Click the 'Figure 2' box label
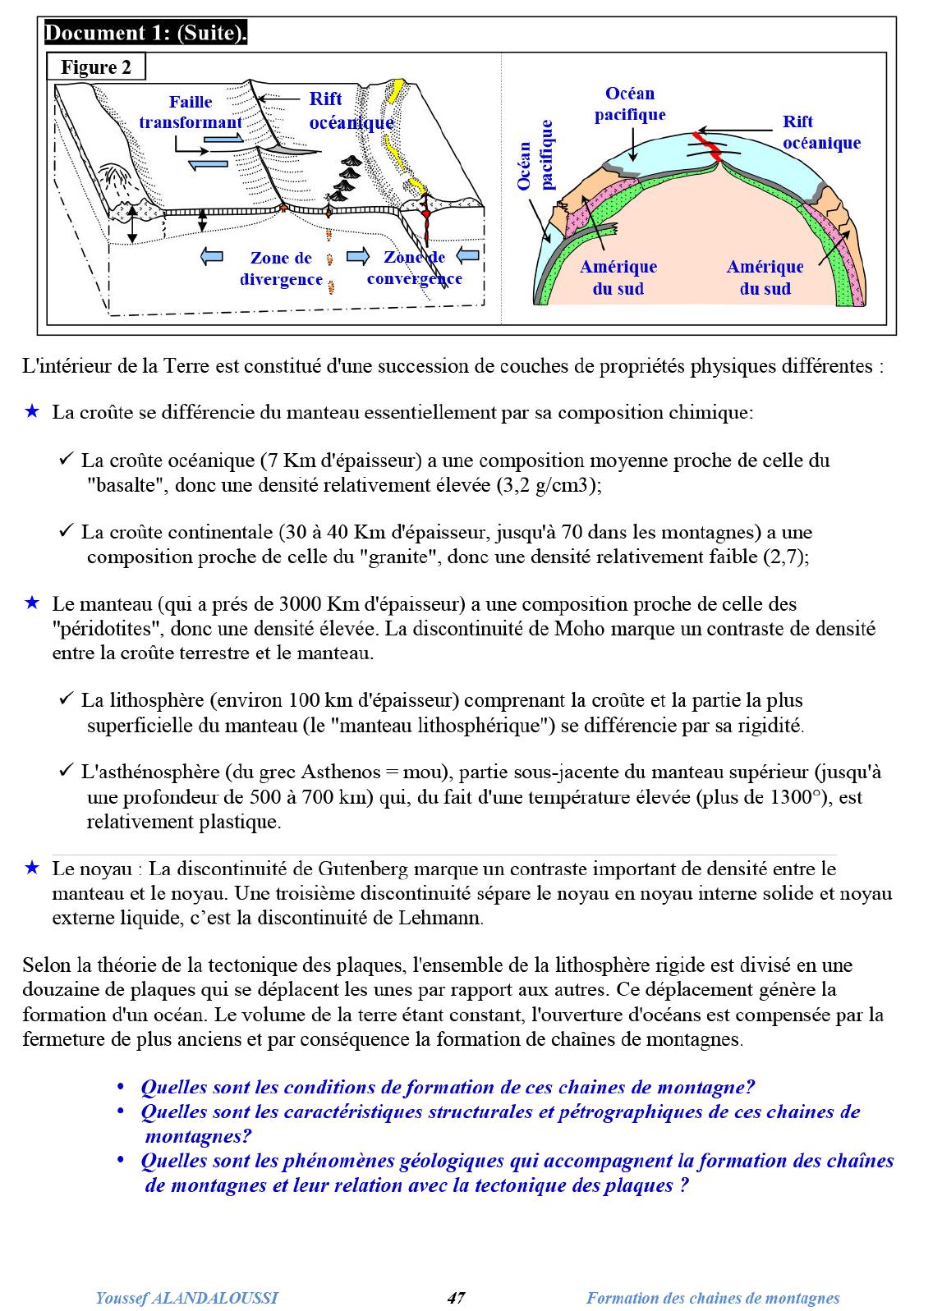point(96,67)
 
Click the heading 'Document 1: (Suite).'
point(146,34)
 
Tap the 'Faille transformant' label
point(191,112)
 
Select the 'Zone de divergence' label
point(281,268)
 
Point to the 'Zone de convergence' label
point(414,268)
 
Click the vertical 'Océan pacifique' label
point(536,155)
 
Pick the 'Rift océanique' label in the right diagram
point(820,132)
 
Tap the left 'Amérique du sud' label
point(618,277)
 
